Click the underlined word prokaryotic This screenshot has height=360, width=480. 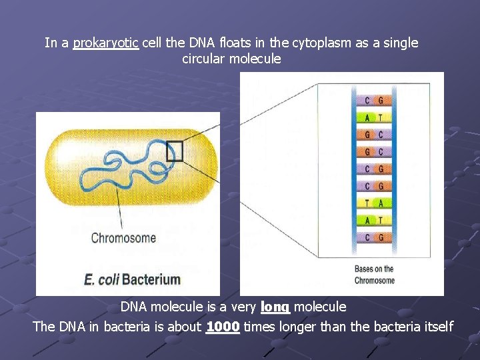pyautogui.click(x=105, y=43)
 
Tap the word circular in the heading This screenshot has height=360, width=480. pyautogui.click(x=204, y=59)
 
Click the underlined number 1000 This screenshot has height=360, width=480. pyautogui.click(x=223, y=327)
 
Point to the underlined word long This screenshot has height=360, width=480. pyautogui.click(x=275, y=307)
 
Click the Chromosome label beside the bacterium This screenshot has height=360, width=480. pyautogui.click(x=123, y=238)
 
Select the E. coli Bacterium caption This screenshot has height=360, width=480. pyautogui.click(x=132, y=279)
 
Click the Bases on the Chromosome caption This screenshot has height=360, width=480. pyautogui.click(x=374, y=275)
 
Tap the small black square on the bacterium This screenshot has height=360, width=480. pyautogui.click(x=174, y=151)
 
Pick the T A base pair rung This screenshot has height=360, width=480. pyautogui.click(x=373, y=203)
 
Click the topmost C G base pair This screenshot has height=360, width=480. pyautogui.click(x=373, y=101)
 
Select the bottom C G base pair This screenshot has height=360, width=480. pyautogui.click(x=373, y=237)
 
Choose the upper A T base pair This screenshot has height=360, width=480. pyautogui.click(x=373, y=118)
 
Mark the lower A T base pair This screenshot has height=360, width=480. pyautogui.click(x=373, y=220)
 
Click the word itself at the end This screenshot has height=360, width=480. pyautogui.click(x=435, y=327)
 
